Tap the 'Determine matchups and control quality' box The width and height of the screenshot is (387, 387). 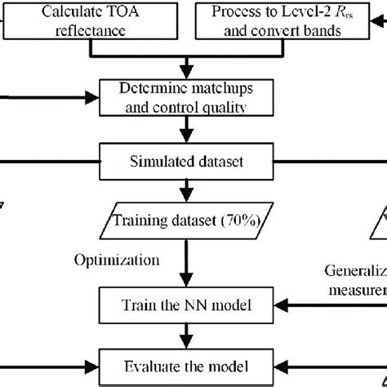click(x=189, y=96)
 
